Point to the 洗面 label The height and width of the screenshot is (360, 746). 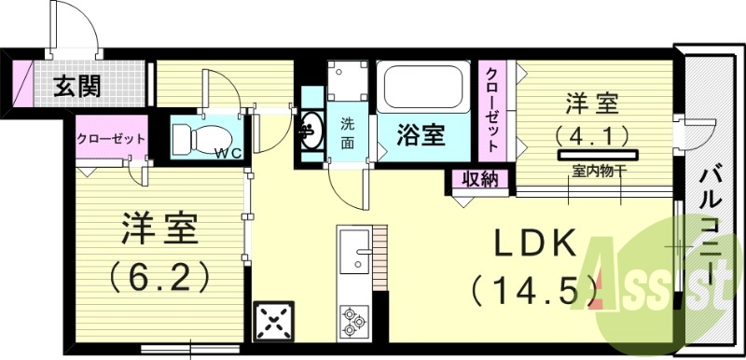pos(347,133)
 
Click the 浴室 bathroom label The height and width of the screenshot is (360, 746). pos(421,135)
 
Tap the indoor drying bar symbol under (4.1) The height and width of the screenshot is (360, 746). pos(598,153)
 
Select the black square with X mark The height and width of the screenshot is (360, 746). pos(274,323)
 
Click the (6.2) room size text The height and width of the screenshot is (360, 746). pos(157,276)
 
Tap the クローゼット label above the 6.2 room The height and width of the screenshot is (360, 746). pos(111,138)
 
